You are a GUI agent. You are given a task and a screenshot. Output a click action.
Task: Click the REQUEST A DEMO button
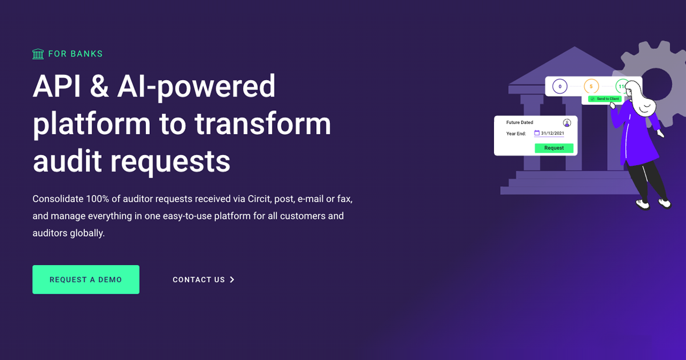pos(86,279)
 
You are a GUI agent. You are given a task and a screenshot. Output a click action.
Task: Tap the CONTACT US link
pos(199,280)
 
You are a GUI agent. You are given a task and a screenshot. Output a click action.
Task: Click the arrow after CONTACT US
pos(232,280)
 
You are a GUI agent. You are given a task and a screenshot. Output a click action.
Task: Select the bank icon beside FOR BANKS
pos(38,54)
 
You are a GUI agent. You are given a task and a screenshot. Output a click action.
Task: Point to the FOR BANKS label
pos(75,54)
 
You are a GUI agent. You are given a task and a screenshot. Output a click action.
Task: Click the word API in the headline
pos(56,87)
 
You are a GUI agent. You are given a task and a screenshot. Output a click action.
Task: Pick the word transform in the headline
pos(262,125)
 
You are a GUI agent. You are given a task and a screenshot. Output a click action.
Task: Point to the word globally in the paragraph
pos(87,233)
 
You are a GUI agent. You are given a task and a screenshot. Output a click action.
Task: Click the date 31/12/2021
pos(553,134)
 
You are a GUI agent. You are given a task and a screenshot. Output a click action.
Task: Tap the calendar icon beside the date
pos(537,133)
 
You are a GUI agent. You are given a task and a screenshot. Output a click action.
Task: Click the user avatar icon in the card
pos(567,123)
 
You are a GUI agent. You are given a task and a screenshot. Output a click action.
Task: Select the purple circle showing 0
pos(560,87)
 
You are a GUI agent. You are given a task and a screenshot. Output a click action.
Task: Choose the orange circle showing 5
pos(591,87)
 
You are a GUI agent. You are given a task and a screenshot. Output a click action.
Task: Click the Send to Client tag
pos(605,99)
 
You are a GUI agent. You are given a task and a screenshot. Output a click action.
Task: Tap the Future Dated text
pos(520,122)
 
